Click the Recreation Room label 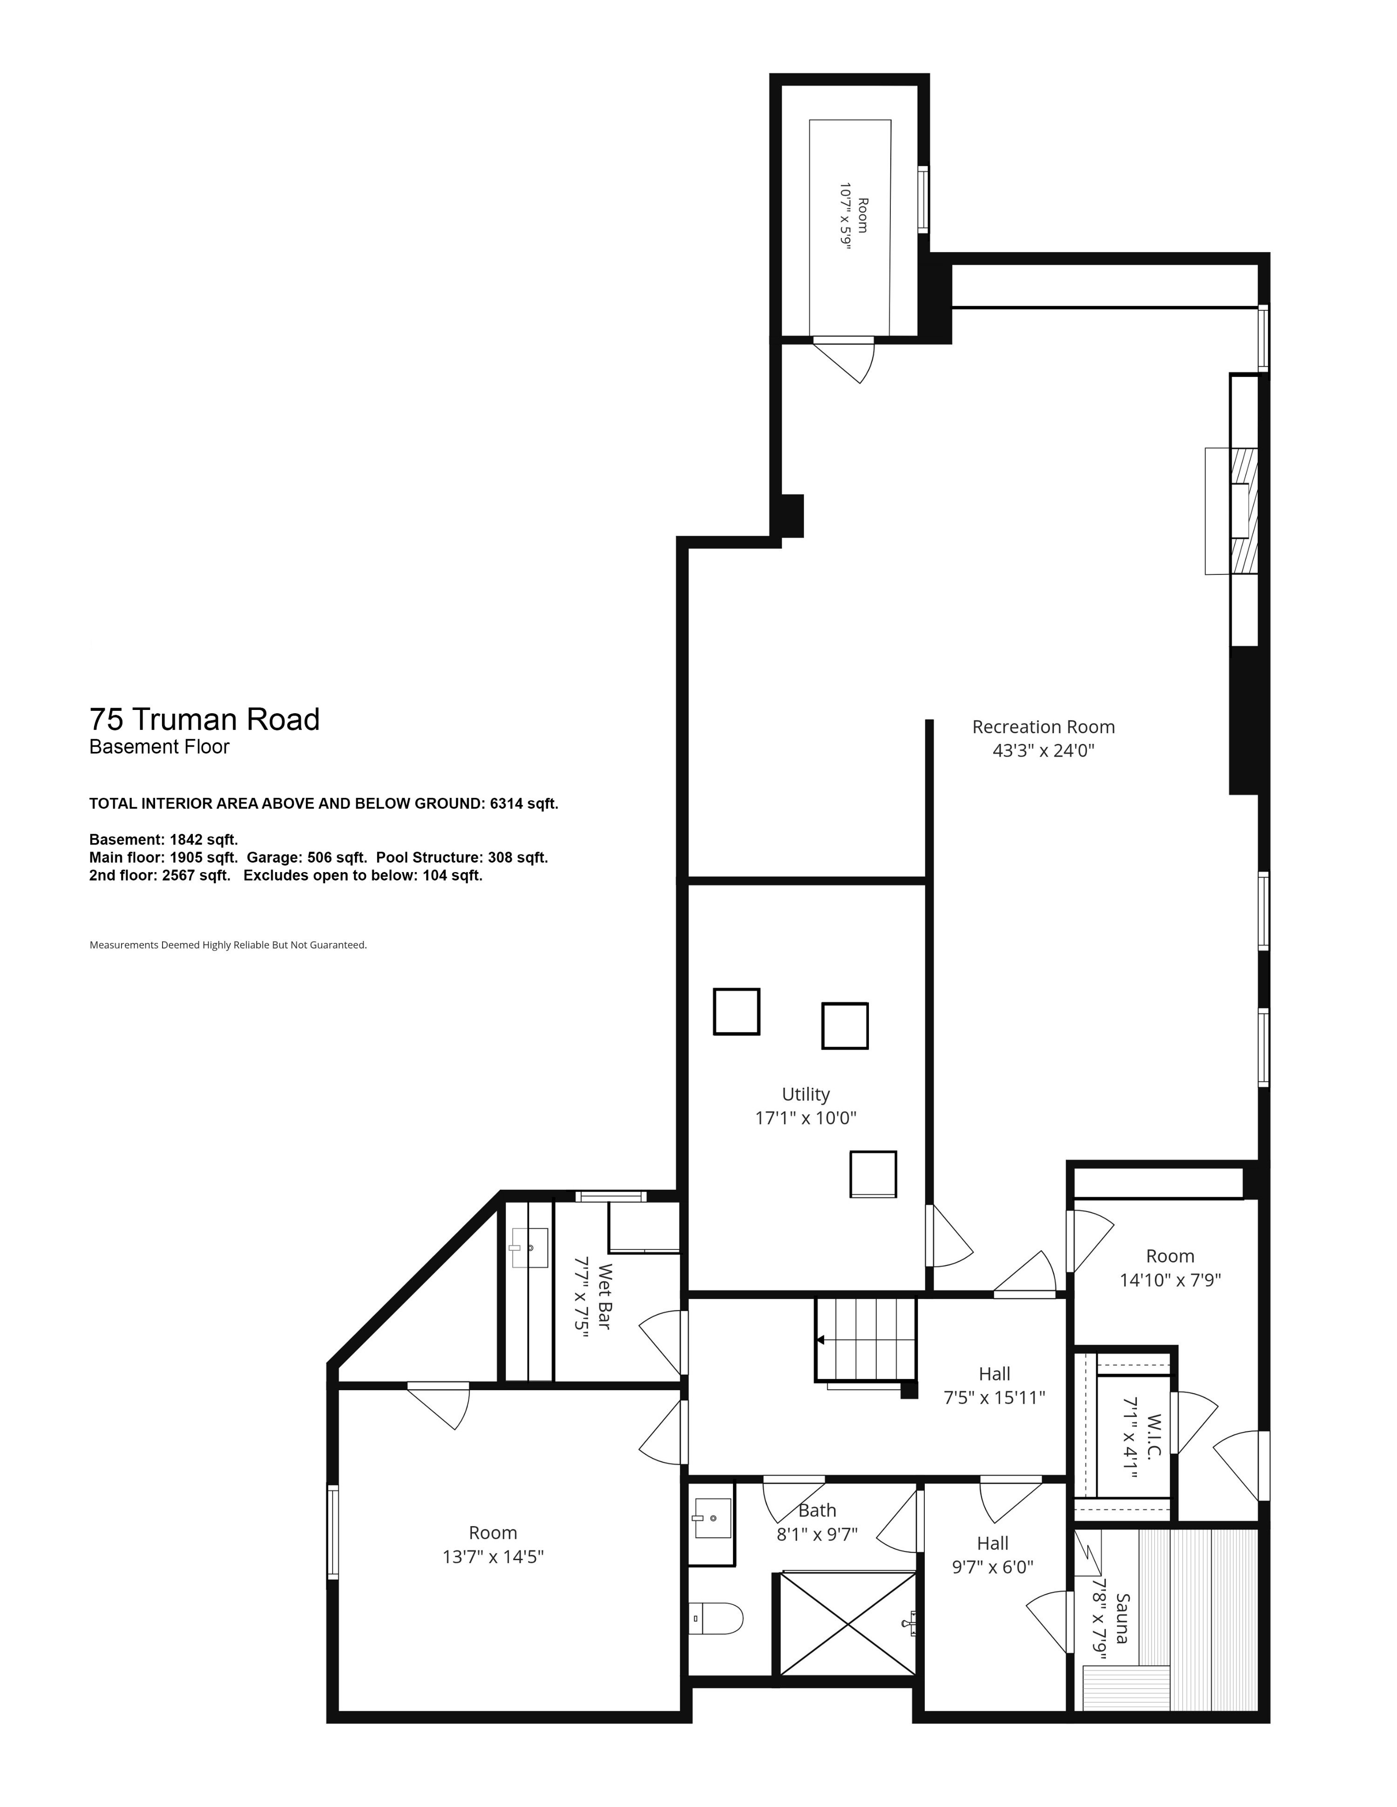[x=1043, y=727]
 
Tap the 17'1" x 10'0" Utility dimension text [x=806, y=1118]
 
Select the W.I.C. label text [x=1155, y=1435]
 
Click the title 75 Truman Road [x=204, y=720]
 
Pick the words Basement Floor [x=160, y=747]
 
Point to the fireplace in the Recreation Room [x=1232, y=511]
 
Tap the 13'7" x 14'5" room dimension [x=493, y=1557]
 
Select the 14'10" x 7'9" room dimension [x=1170, y=1280]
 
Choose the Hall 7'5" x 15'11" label [x=994, y=1386]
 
